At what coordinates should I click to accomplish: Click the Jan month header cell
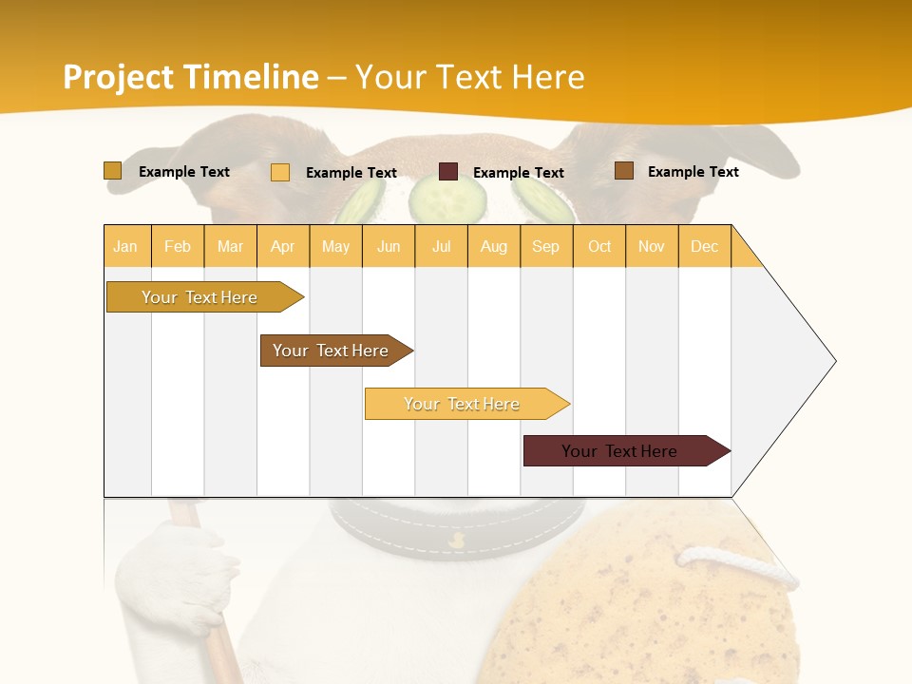[126, 246]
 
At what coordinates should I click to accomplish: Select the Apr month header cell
[283, 246]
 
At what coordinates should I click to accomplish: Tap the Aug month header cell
[494, 246]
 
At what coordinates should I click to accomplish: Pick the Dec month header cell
[704, 246]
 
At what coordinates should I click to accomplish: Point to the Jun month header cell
[389, 246]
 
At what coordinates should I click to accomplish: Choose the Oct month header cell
[599, 246]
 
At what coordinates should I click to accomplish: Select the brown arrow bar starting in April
[332, 351]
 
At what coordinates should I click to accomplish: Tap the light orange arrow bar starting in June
[464, 404]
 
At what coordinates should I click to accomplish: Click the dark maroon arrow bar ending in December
[622, 451]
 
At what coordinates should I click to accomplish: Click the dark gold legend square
[112, 171]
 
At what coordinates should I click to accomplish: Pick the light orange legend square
[280, 172]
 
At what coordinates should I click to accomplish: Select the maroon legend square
[448, 172]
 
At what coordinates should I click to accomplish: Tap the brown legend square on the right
[623, 171]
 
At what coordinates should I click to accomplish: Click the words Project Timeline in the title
[190, 77]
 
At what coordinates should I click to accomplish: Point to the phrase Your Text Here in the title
[470, 77]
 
